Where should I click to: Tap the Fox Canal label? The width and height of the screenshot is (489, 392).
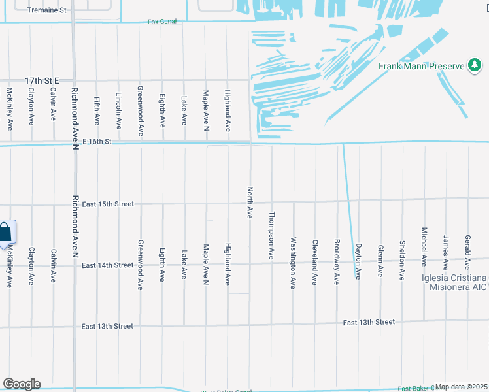[x=162, y=22]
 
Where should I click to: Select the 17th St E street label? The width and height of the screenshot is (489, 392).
[x=42, y=80]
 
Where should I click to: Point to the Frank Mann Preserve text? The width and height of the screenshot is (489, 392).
[x=422, y=66]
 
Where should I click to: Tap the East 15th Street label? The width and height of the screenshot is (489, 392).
[x=106, y=204]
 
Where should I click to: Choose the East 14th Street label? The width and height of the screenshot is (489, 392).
[x=106, y=265]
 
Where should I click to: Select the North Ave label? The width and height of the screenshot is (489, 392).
[x=249, y=203]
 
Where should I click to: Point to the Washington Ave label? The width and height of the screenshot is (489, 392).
[x=294, y=254]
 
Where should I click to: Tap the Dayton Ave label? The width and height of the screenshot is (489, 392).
[x=358, y=261]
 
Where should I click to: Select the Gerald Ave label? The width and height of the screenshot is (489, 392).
[x=467, y=252]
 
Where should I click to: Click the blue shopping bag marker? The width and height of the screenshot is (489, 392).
[x=6, y=232]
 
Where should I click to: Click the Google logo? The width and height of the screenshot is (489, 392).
[x=22, y=384]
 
